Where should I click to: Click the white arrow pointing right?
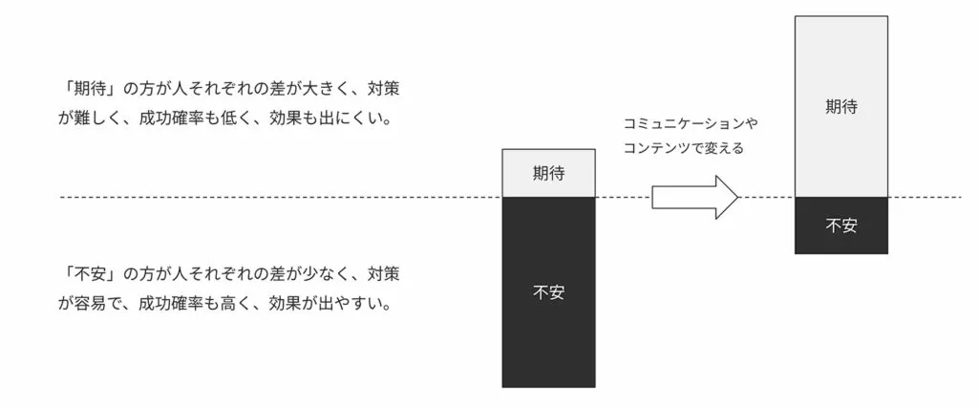(x=695, y=197)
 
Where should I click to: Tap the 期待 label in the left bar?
(x=548, y=174)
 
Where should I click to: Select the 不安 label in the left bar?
(x=548, y=292)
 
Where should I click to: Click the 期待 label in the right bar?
(x=840, y=107)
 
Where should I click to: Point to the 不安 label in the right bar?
(x=840, y=225)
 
